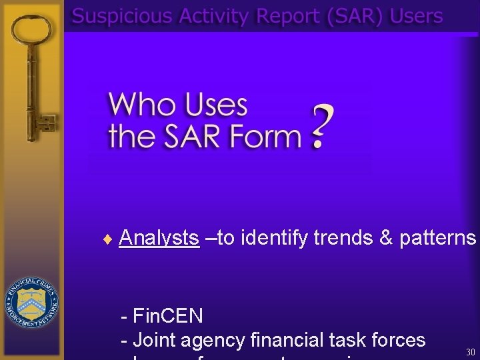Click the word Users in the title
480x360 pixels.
(x=417, y=16)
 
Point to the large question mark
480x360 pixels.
(x=321, y=127)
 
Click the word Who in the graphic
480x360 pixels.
(x=137, y=105)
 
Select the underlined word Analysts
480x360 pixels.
(x=159, y=238)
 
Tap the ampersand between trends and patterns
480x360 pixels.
(x=386, y=238)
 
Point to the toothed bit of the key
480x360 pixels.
(x=47, y=124)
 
